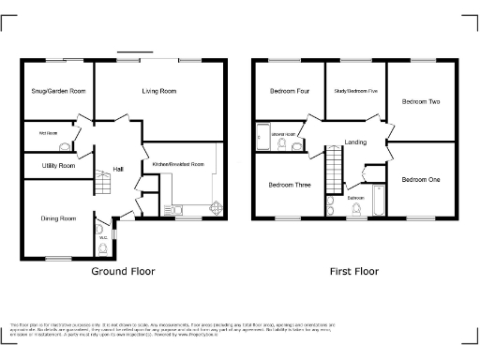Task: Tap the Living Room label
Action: (x=159, y=91)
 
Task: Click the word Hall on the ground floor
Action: (x=118, y=169)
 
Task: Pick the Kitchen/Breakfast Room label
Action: (x=178, y=164)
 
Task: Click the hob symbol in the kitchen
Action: (x=215, y=209)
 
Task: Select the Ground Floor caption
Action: (x=123, y=272)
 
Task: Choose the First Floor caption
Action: (x=353, y=272)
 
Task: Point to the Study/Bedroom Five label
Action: (x=356, y=91)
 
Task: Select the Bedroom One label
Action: (x=419, y=178)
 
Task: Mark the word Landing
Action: (x=355, y=142)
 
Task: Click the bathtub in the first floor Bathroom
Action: (x=379, y=202)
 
